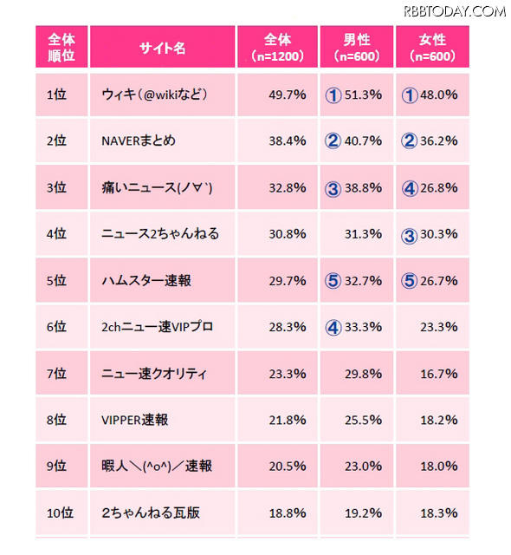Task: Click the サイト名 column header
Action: coord(162,48)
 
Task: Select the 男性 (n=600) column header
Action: coord(357,48)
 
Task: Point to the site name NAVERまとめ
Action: coord(138,140)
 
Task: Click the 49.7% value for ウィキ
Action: coord(287,95)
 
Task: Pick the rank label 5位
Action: coord(57,280)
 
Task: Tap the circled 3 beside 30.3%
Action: coord(409,234)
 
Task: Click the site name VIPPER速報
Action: coord(133,420)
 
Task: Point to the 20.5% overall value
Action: coord(287,467)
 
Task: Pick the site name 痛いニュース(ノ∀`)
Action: coord(157,187)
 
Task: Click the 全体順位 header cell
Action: coord(61,48)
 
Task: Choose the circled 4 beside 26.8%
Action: coord(409,187)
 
